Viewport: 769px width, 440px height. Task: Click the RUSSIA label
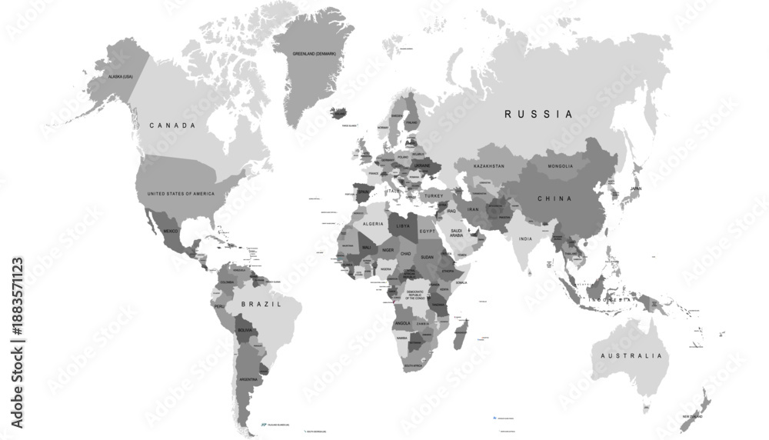pos(538,114)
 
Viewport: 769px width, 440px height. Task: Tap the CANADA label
pos(172,125)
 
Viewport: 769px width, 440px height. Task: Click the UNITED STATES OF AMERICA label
pos(181,193)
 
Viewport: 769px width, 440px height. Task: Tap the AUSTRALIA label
pos(632,356)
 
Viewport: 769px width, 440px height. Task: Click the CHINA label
pos(554,198)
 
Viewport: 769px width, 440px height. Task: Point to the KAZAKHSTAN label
pos(489,166)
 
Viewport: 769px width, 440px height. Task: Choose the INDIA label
pos(525,238)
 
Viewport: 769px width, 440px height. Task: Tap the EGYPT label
pos(427,231)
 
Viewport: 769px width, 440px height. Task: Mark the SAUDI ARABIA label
pos(456,233)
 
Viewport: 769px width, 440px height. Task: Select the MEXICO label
pos(171,230)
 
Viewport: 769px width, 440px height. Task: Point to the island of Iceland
pos(343,113)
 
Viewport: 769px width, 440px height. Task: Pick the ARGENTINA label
pos(248,379)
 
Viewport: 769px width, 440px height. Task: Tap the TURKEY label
pos(435,196)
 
